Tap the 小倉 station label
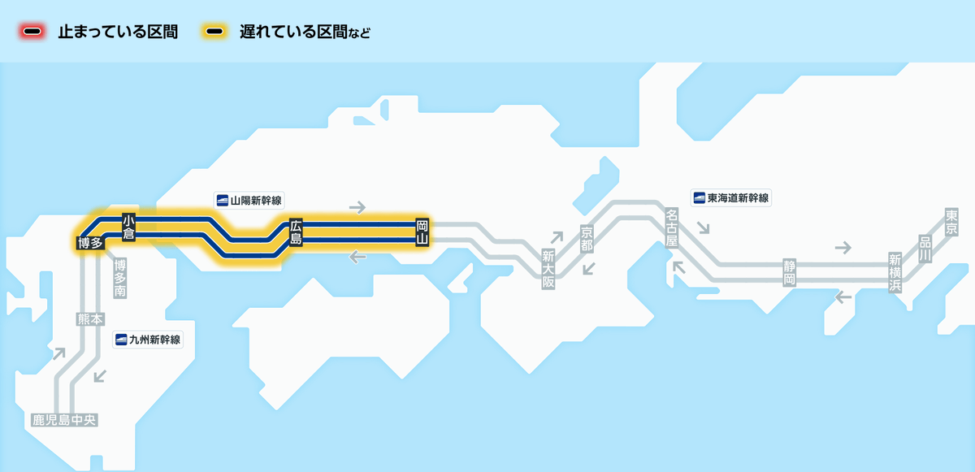(128, 227)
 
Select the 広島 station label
(296, 232)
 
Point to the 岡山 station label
(422, 232)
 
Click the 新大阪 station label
(548, 269)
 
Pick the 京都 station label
(587, 238)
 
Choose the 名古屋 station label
(671, 227)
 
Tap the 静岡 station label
(789, 271)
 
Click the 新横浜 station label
(895, 273)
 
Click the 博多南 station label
(120, 279)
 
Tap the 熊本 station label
(89, 319)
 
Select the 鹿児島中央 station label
(64, 420)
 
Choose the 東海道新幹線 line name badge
(730, 197)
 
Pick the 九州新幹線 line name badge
(147, 340)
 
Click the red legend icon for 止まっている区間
(32, 32)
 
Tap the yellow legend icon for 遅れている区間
(215, 32)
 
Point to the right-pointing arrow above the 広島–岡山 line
(357, 207)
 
